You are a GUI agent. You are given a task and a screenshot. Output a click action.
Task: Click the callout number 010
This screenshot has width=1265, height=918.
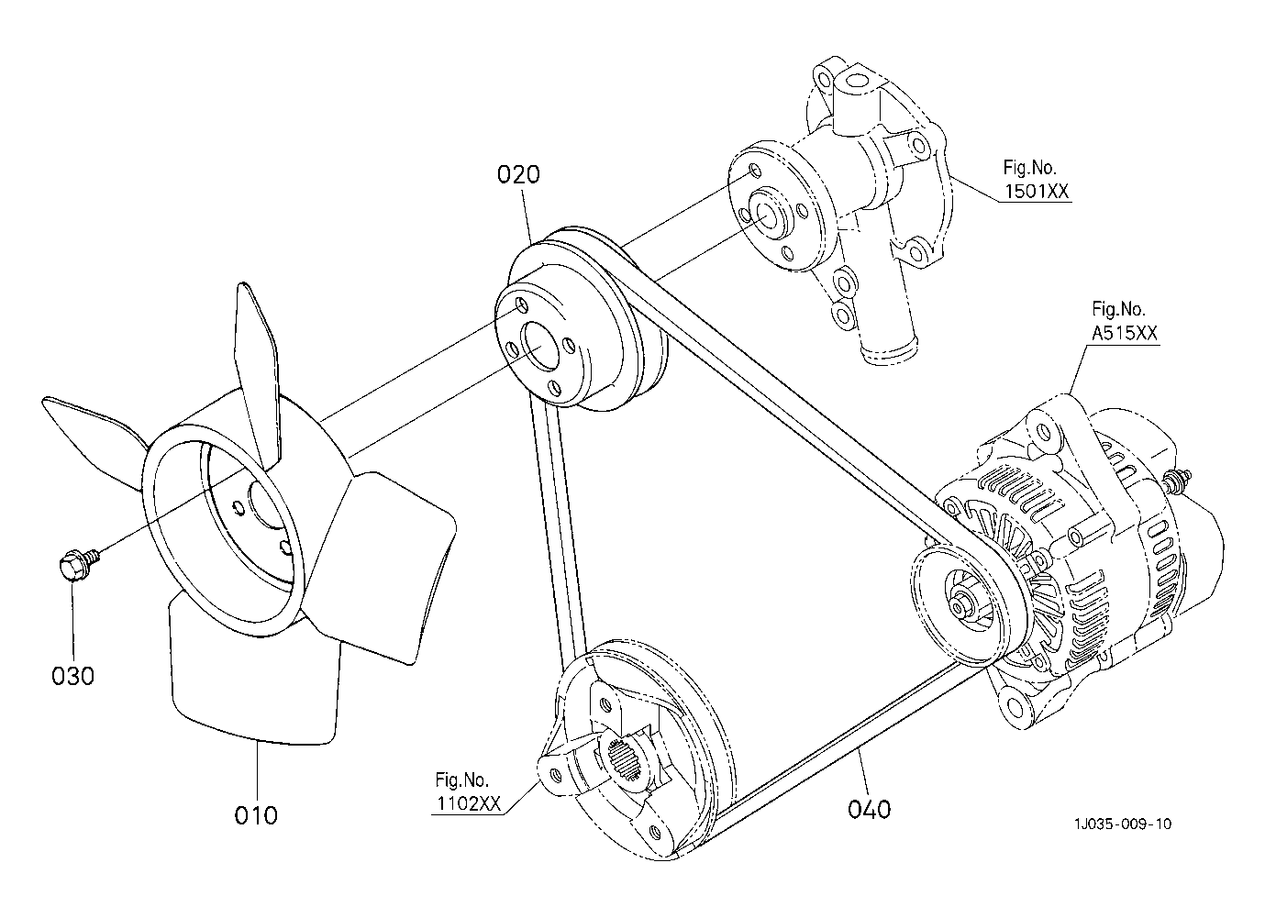tap(256, 815)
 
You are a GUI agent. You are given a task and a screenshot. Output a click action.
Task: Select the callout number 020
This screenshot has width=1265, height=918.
tap(518, 174)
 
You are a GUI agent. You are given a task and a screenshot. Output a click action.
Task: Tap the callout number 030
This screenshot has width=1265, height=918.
tap(72, 676)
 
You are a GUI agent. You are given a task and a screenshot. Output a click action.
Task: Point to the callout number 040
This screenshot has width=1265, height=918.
tap(870, 810)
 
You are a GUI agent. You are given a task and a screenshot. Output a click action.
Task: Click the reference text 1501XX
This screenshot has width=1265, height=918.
tap(1037, 192)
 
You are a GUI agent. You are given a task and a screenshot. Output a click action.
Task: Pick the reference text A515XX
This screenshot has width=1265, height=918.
tap(1125, 333)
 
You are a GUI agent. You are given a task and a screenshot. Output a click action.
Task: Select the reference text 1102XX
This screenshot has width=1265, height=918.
tap(469, 804)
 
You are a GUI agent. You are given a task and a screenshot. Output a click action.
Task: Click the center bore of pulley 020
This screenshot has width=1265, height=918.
tap(540, 347)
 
